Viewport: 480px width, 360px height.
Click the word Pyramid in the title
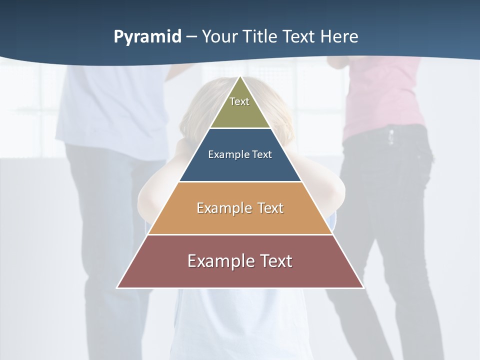click(x=147, y=37)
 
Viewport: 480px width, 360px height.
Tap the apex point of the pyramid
click(x=240, y=77)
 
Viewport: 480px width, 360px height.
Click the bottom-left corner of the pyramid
click(x=117, y=287)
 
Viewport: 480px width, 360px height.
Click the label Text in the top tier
click(x=239, y=102)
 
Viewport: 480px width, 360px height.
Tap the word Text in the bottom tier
click(x=274, y=261)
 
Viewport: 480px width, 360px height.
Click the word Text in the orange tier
click(x=270, y=208)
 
